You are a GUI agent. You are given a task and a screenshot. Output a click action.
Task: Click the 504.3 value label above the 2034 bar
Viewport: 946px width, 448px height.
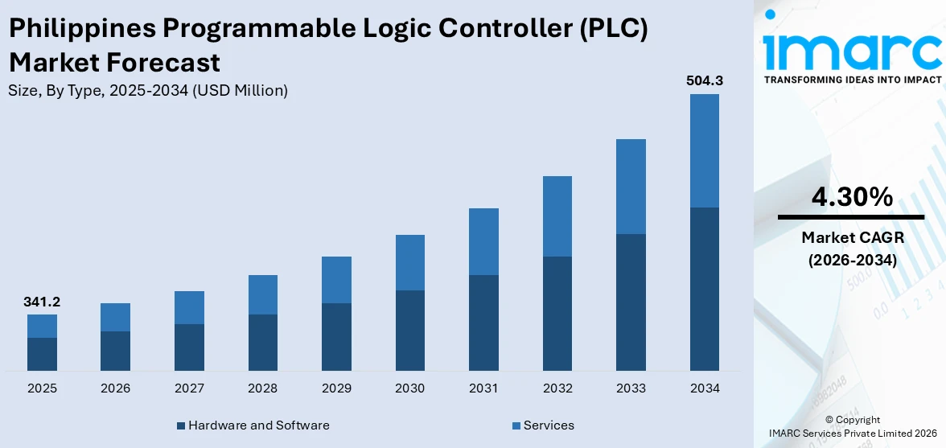point(704,80)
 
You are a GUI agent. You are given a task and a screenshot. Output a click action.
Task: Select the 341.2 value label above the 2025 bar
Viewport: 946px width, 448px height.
point(42,302)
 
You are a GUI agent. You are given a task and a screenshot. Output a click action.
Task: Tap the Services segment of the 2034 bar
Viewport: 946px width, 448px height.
point(704,150)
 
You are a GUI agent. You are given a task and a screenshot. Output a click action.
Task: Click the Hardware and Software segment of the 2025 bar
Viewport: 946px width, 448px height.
point(42,354)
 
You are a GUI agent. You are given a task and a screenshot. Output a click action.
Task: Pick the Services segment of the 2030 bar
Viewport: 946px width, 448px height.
point(409,262)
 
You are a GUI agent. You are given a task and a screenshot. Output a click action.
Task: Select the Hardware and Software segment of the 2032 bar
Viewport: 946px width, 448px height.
point(557,314)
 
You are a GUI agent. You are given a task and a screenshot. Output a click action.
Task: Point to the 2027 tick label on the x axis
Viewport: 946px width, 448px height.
point(189,388)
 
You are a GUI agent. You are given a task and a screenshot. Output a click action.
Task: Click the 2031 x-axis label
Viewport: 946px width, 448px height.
point(483,388)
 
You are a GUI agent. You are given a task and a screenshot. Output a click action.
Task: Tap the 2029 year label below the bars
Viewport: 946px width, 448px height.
point(336,388)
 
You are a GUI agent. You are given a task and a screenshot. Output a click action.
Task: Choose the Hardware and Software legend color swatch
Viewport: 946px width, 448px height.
point(181,425)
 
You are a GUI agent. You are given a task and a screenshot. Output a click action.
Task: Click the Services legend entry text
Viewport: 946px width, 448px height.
point(549,425)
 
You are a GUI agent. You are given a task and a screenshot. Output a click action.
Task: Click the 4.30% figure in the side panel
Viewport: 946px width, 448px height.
point(851,196)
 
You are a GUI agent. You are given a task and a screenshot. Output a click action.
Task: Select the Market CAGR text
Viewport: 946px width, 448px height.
point(851,238)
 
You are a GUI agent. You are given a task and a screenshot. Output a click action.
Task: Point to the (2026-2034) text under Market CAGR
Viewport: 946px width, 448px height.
point(851,260)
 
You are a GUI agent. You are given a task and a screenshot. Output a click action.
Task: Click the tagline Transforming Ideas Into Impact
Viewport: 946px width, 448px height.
point(851,80)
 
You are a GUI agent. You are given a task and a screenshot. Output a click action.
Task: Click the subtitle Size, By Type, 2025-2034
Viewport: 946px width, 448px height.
point(147,91)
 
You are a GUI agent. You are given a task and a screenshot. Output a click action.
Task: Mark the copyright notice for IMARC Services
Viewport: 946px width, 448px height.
point(852,426)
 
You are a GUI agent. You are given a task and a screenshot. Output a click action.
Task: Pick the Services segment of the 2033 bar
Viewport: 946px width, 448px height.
point(631,187)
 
